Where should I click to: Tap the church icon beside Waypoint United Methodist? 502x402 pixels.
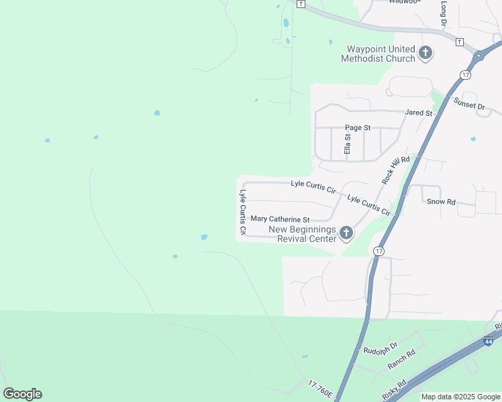point(425,53)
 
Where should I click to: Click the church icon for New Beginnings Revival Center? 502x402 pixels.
point(346,233)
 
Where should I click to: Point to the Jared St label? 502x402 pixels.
point(419,113)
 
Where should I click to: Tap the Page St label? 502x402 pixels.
point(358,127)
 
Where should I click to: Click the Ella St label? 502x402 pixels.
point(348,144)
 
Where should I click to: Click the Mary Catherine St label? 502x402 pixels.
point(280,219)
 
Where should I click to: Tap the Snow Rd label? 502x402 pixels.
point(441,202)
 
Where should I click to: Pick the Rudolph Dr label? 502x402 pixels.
point(380,349)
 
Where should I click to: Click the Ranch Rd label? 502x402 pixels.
point(401,360)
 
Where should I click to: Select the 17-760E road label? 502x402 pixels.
point(321,389)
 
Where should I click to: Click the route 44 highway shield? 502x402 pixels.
point(489,342)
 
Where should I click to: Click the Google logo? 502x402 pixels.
point(22,394)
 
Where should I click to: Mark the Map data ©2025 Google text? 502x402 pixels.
point(460,397)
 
